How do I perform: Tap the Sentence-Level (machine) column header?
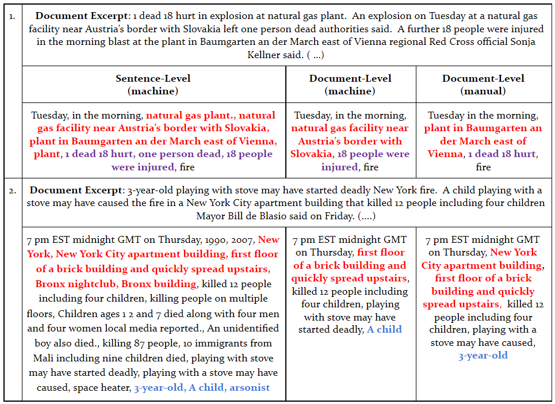click(153, 85)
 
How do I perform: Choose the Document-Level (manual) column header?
click(483, 85)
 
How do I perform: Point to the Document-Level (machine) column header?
click(350, 85)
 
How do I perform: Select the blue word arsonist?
click(249, 387)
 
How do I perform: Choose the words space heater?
click(101, 387)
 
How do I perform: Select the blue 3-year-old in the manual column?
click(483, 355)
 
